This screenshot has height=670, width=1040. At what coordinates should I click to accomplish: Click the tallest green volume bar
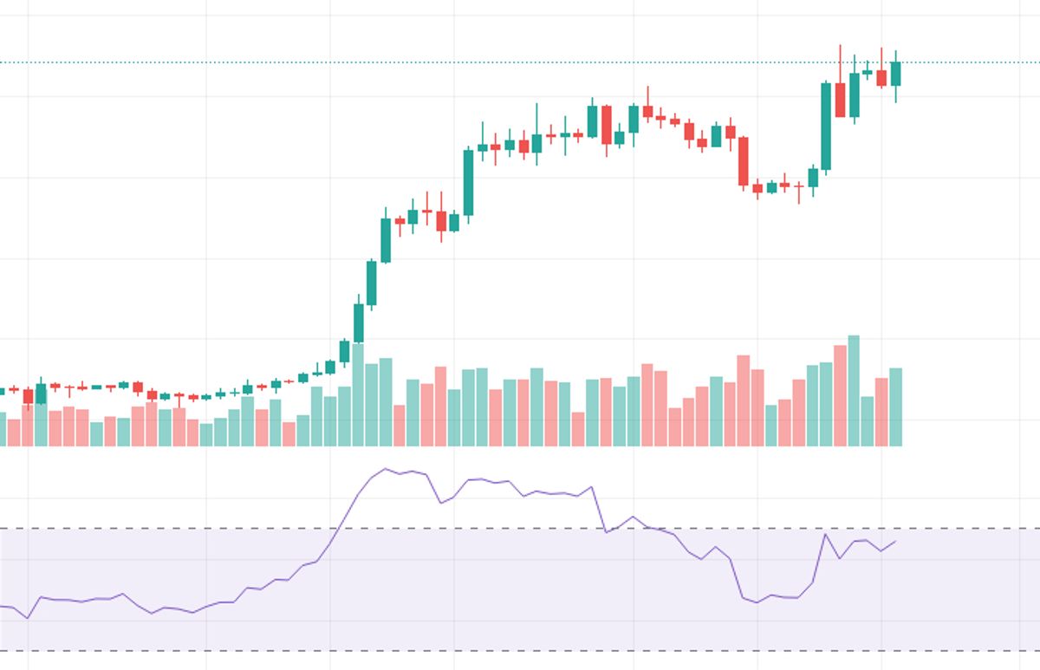click(x=854, y=390)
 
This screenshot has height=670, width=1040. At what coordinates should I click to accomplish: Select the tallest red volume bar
click(x=840, y=395)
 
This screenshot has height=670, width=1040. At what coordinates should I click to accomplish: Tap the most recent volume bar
click(x=895, y=407)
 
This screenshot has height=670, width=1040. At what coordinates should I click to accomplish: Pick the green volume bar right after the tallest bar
click(x=868, y=420)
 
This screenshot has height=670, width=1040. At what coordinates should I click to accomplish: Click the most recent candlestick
click(x=895, y=74)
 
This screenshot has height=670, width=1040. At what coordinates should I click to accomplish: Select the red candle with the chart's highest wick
click(x=840, y=99)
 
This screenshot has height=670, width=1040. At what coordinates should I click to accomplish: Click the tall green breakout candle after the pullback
click(x=826, y=126)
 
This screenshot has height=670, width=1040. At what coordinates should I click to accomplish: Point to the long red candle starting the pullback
click(x=743, y=161)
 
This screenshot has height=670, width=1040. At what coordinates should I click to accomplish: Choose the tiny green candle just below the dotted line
click(x=868, y=73)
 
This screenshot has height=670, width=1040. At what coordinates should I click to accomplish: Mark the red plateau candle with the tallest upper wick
click(x=647, y=110)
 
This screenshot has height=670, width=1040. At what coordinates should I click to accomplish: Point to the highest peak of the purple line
click(x=385, y=469)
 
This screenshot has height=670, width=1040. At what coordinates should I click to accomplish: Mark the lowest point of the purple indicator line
click(x=28, y=618)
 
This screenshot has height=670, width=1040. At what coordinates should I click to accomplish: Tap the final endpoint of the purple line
click(x=895, y=541)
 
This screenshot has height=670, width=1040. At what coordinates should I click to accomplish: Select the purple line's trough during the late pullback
click(x=757, y=602)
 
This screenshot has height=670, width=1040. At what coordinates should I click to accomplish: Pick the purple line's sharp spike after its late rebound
click(x=826, y=534)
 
